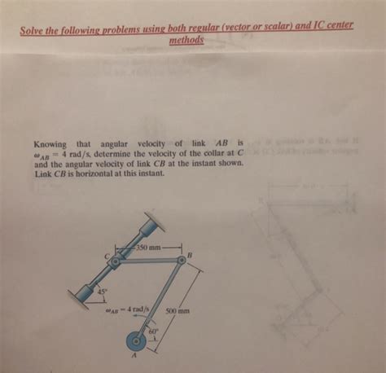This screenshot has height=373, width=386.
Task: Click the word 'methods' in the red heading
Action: [186, 38]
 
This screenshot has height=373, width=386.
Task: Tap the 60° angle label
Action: [151, 332]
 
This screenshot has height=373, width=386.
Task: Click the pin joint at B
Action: [180, 260]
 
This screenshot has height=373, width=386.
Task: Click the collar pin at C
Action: [116, 262]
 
